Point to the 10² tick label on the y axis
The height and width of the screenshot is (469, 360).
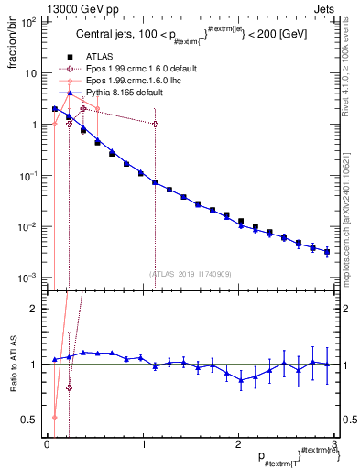[x=28, y=21]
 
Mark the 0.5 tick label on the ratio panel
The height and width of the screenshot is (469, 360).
[x=30, y=420]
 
